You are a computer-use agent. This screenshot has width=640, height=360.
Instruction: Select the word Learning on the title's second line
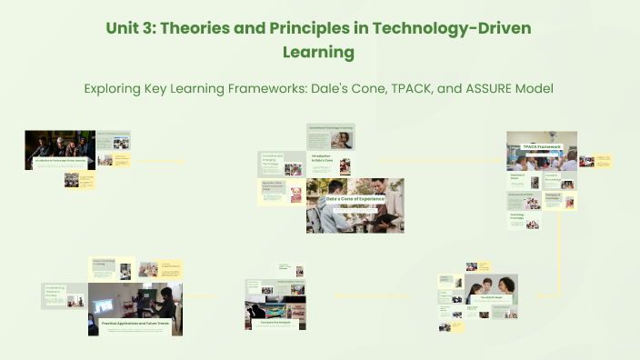coord(319,53)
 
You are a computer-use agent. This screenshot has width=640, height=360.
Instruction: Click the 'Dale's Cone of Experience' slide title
coord(355,198)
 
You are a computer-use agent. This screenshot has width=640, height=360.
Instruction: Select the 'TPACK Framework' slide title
coord(542,146)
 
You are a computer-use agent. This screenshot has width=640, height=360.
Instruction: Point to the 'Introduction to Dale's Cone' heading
coord(324,158)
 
